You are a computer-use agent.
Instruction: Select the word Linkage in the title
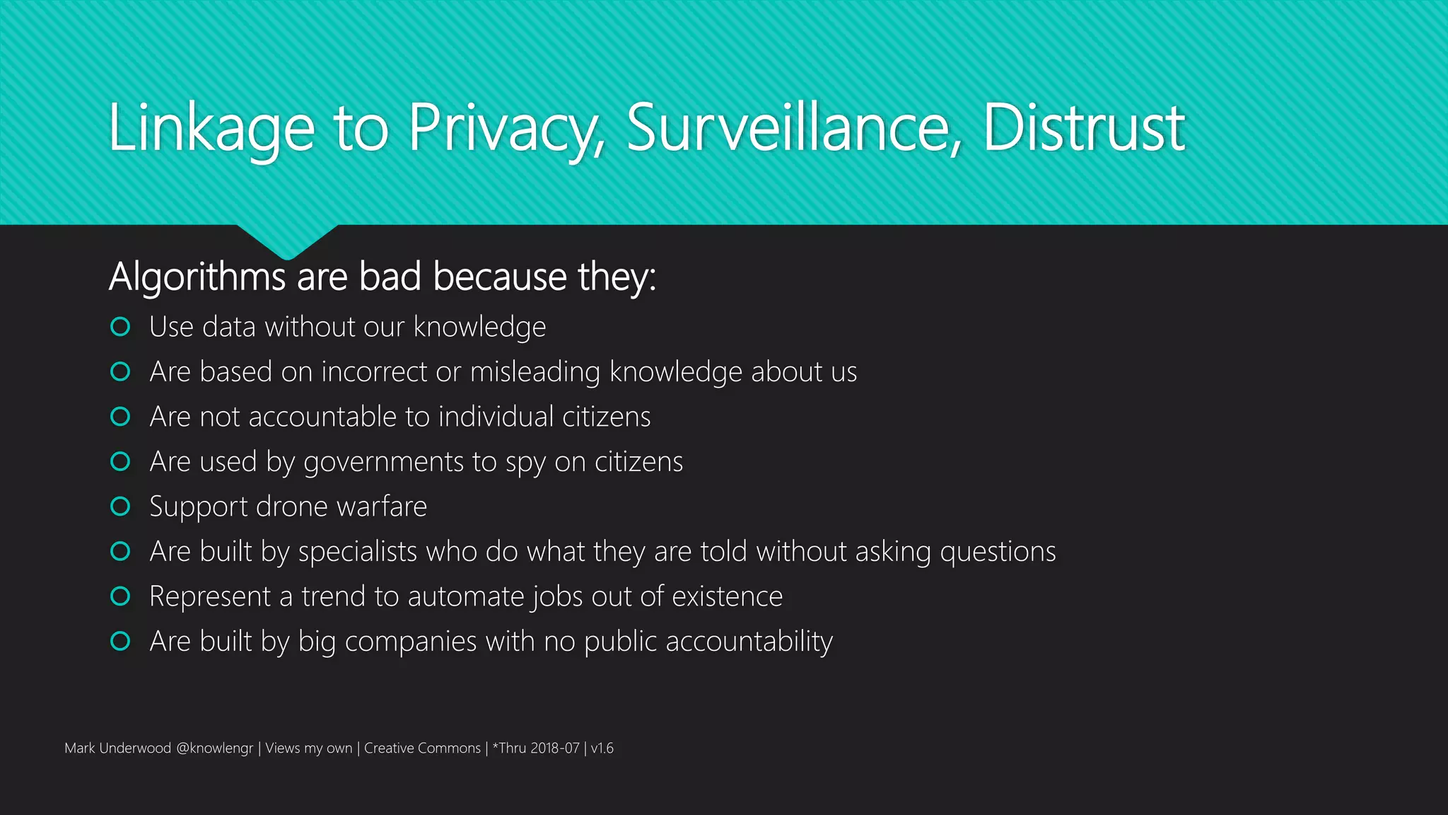[211, 129]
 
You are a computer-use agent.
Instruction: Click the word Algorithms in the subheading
[197, 277]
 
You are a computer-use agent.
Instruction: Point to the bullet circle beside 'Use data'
[120, 327]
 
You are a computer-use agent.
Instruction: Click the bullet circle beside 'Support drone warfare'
[120, 507]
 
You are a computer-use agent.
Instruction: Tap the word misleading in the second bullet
[535, 372]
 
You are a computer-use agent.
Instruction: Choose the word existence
[727, 596]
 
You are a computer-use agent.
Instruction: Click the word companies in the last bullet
[411, 642]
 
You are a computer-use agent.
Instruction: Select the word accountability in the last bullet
[749, 642]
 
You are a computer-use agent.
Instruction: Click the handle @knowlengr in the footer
[214, 748]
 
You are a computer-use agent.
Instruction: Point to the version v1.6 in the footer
[602, 748]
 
